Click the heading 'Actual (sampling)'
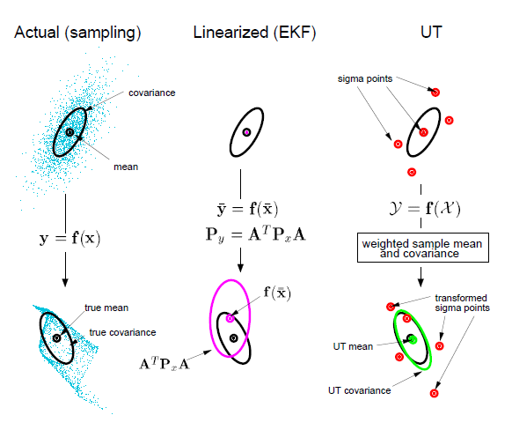tap(77, 33)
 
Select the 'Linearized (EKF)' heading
tap(254, 33)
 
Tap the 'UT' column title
tap(431, 32)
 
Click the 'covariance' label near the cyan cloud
tap(152, 93)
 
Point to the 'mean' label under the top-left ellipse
tap(126, 167)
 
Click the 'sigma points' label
tap(365, 78)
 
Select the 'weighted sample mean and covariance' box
tap(423, 248)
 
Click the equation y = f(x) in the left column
tap(69, 239)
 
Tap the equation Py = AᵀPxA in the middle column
tap(256, 234)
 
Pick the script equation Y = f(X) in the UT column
tap(425, 208)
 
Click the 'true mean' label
tap(106, 308)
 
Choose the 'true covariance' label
tap(122, 332)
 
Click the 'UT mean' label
tap(353, 346)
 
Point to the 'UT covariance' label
tap(359, 390)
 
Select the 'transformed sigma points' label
tap(462, 303)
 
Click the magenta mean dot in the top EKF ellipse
tap(247, 132)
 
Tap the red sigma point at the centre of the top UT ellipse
tap(423, 132)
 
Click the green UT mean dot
tap(413, 340)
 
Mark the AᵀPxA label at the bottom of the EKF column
tap(165, 364)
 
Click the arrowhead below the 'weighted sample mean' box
tap(421, 283)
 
